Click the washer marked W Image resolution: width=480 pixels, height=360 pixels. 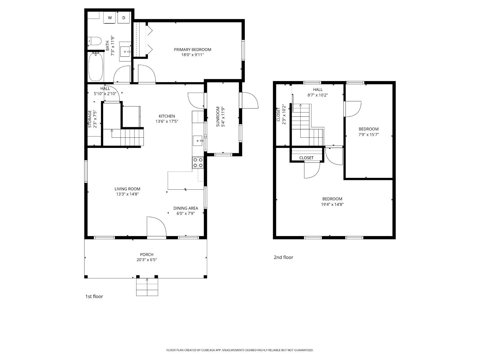point(110,18)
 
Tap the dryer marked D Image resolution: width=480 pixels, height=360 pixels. point(124,18)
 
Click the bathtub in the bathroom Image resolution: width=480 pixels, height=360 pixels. point(96,67)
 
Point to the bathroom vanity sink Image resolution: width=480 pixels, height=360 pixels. point(125,52)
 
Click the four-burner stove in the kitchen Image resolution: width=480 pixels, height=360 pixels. point(198,163)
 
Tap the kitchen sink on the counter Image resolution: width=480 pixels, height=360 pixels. point(198,140)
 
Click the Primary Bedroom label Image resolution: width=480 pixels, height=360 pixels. point(192,49)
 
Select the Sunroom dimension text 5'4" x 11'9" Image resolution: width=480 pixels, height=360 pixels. point(222,116)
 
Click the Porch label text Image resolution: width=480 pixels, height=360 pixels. point(147,255)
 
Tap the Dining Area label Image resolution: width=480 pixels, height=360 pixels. point(186,208)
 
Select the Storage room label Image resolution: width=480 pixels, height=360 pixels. point(90,119)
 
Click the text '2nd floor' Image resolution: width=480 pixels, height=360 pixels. point(283,257)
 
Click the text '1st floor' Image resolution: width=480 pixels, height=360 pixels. point(94,296)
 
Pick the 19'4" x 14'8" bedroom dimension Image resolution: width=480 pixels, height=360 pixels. point(332,204)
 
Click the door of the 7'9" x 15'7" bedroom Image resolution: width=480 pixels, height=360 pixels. point(353,109)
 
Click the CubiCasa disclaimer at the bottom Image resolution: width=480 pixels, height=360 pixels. point(240,350)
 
